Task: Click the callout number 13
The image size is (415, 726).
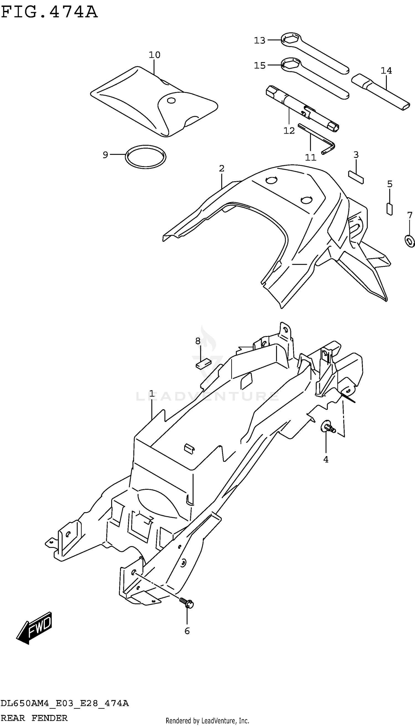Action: point(260,41)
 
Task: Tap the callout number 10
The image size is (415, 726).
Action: point(154,55)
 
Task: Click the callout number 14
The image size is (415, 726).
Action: point(386,71)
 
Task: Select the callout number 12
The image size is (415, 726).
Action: point(289,131)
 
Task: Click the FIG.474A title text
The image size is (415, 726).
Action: point(49,12)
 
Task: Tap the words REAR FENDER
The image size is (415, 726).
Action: point(34,718)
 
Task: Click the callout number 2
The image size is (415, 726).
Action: point(222,168)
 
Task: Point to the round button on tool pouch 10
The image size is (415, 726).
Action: point(171,101)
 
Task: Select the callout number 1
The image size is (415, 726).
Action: point(152,394)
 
